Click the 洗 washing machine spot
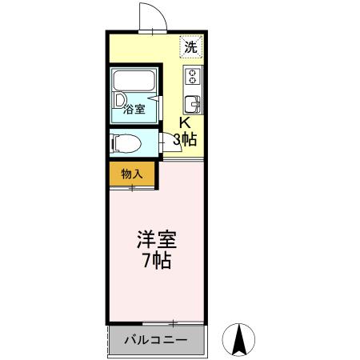tap(190, 46)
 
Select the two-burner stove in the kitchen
tap(192, 78)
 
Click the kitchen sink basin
tap(192, 104)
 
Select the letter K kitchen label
tap(184, 123)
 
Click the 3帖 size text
tap(186, 139)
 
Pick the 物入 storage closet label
tap(132, 173)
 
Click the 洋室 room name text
tap(156, 240)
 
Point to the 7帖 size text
tap(156, 261)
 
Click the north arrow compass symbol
tap(238, 339)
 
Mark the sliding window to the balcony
tap(156, 323)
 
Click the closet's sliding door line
tap(133, 188)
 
